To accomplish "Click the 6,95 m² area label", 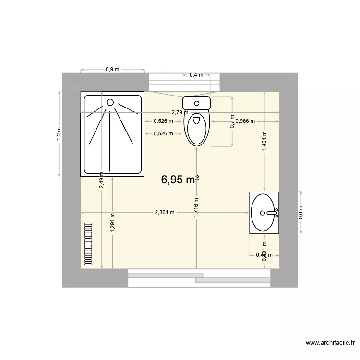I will click(x=180, y=180).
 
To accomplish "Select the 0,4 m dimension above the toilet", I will click(x=196, y=75).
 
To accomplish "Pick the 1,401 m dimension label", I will click(x=264, y=141).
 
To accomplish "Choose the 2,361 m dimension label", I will click(x=164, y=212).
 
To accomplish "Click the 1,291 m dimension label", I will click(x=112, y=223).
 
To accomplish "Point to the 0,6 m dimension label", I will click(x=301, y=212).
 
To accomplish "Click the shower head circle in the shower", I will click(x=110, y=102).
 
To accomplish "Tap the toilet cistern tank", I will click(x=196, y=103).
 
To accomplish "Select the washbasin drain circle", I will click(x=262, y=212).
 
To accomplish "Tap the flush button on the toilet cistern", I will click(x=197, y=102).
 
